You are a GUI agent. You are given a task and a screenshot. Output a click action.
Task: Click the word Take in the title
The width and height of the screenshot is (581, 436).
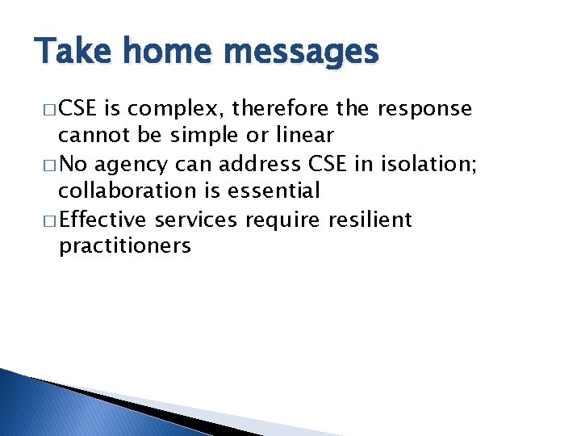[67, 52]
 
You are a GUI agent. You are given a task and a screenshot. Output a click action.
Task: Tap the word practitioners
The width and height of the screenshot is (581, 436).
[124, 246]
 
